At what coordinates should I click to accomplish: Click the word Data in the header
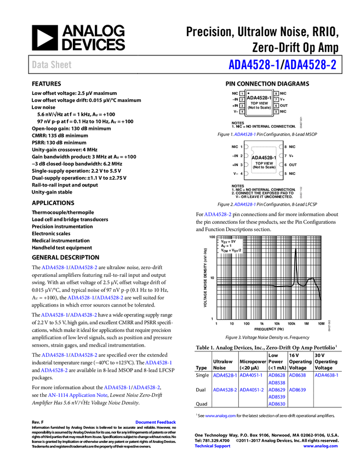39,65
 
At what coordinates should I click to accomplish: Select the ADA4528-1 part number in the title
254,65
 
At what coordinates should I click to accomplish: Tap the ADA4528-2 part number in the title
311,65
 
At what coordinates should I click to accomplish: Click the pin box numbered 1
242,94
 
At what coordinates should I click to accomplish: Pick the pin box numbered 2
242,100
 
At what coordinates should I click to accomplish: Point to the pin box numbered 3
242,106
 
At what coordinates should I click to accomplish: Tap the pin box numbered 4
242,112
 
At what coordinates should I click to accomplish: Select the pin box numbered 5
276,112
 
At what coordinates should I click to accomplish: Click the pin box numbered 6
276,106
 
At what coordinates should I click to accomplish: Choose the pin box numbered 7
276,100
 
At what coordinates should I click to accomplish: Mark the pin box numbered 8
276,94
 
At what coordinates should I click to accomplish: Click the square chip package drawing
264,160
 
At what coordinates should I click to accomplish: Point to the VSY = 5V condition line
228,241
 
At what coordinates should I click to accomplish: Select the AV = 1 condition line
226,246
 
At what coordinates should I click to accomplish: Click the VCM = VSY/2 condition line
231,251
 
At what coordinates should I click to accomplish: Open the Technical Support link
213,446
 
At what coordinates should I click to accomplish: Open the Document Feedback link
156,422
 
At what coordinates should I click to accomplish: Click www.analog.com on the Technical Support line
321,446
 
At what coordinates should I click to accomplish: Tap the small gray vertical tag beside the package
301,192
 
